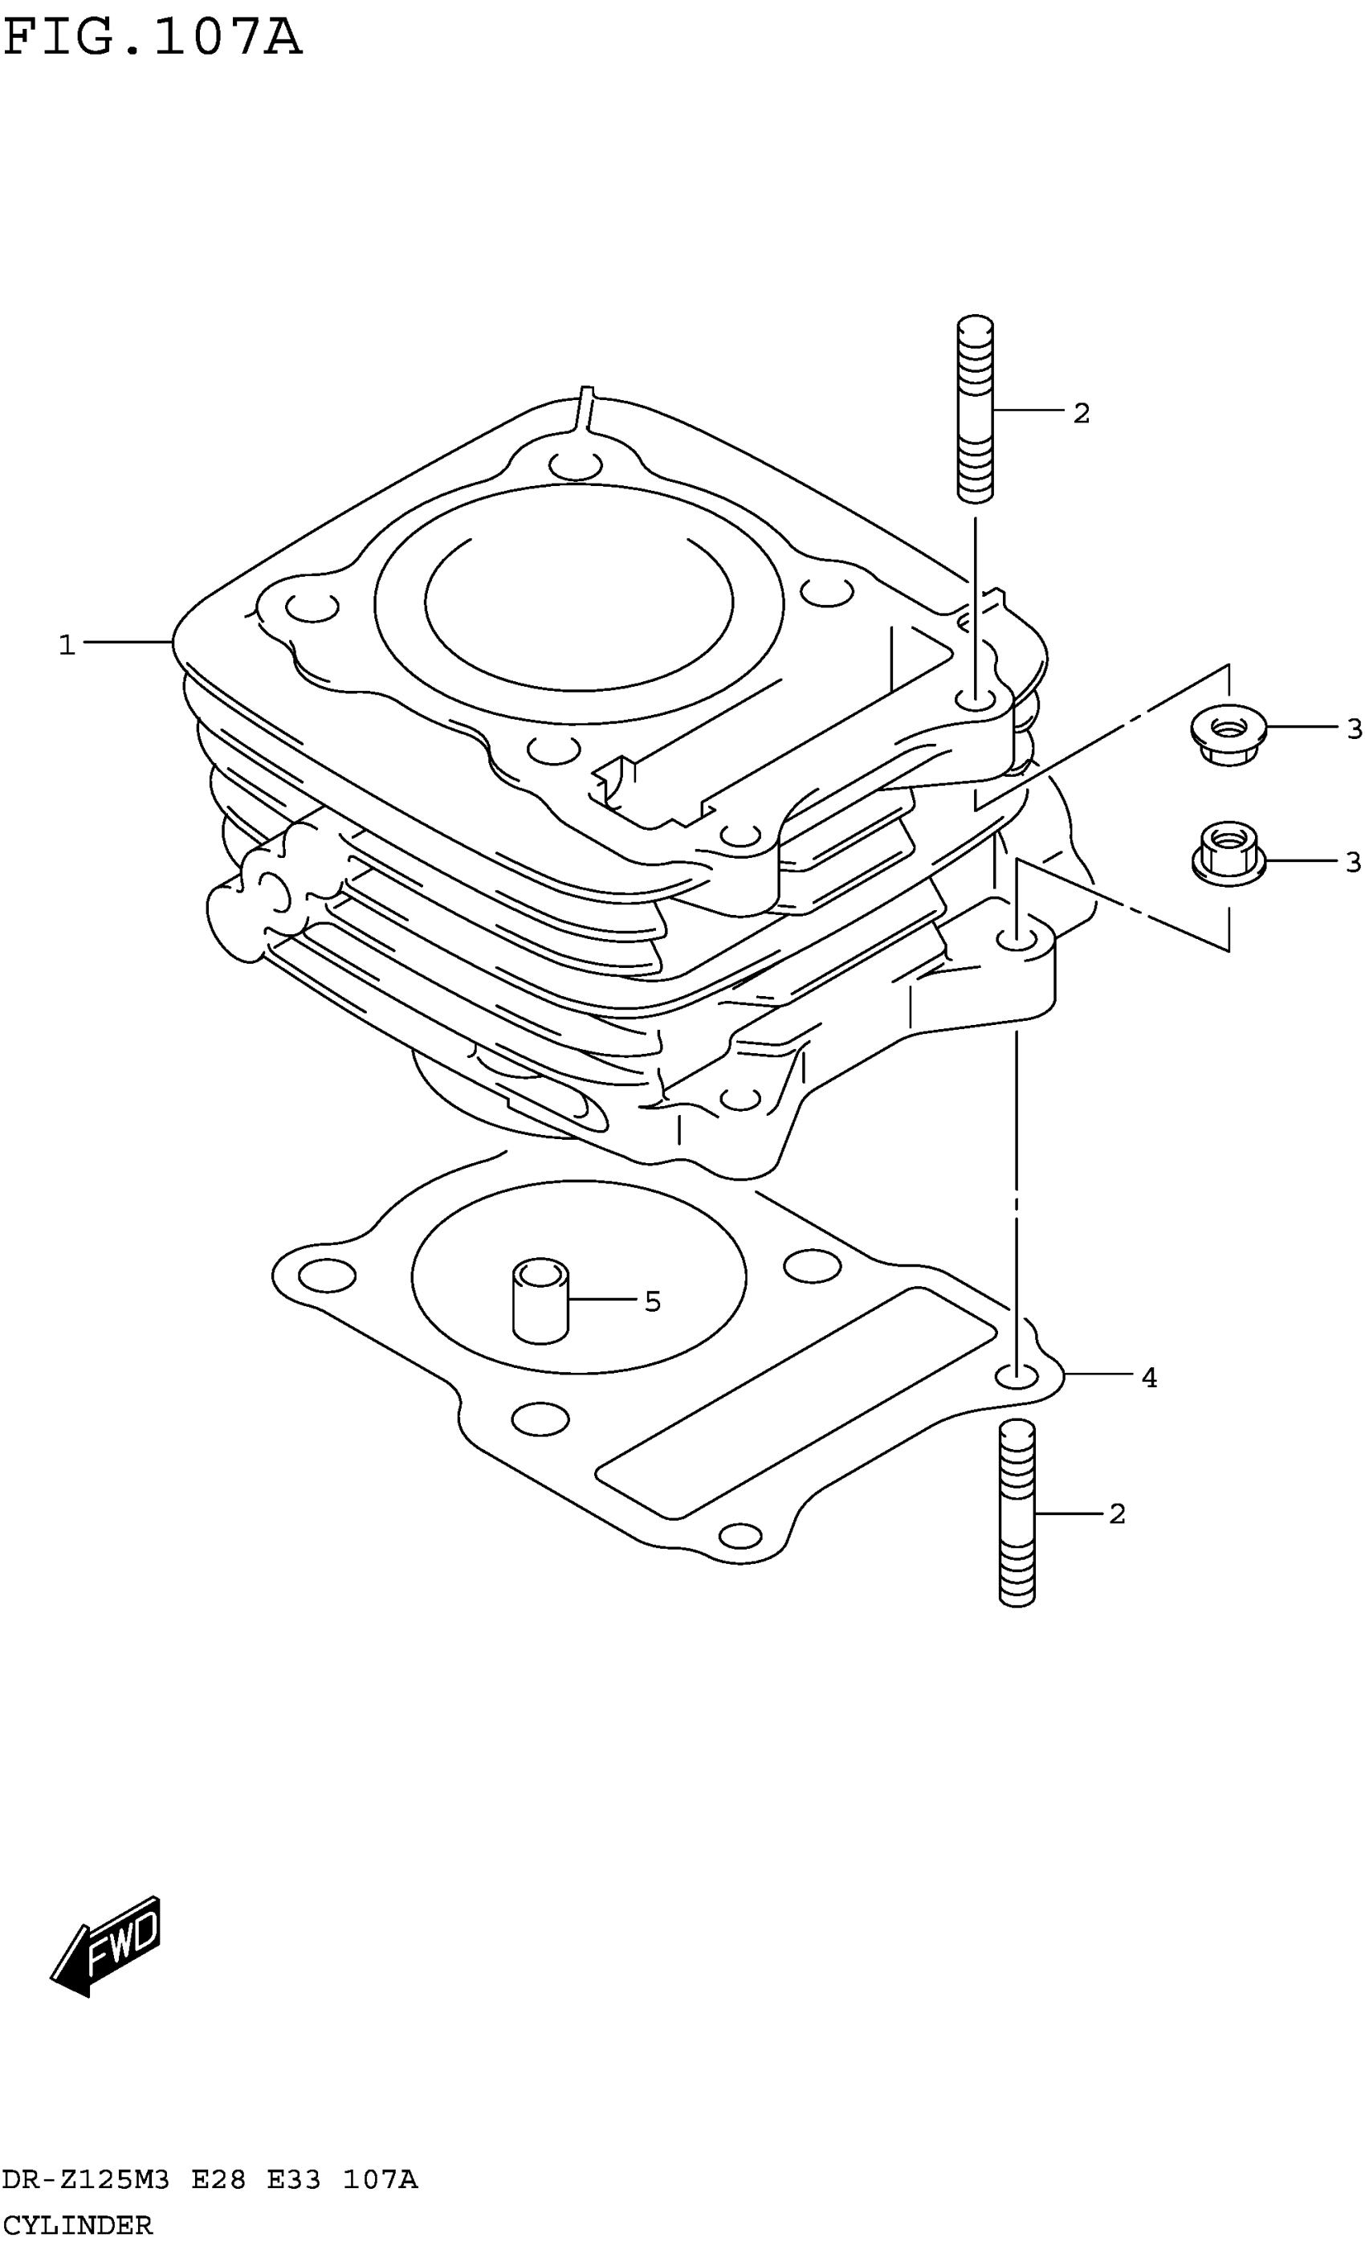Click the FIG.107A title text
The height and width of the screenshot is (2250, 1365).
[152, 39]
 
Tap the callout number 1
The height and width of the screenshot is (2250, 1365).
[67, 646]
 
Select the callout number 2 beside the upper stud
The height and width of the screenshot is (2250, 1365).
[1081, 414]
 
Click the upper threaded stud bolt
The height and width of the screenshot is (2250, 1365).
[975, 408]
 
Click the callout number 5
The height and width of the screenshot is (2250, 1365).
[652, 1302]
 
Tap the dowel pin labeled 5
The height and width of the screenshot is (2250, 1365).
[540, 1301]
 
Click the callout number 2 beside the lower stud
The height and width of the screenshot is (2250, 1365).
[1117, 1514]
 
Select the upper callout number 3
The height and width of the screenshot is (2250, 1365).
[1354, 729]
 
